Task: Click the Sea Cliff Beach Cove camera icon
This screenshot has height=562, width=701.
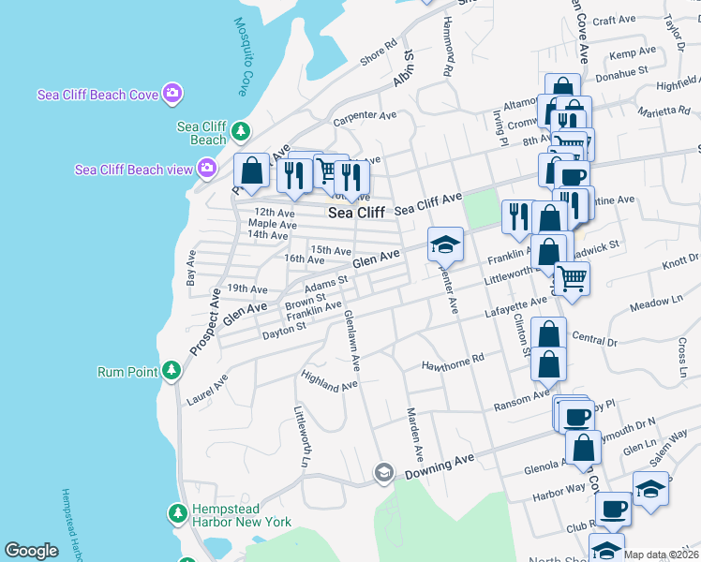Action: coord(172,93)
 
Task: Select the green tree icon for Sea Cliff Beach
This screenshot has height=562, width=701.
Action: coord(241,130)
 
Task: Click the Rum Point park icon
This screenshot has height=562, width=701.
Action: coord(171,371)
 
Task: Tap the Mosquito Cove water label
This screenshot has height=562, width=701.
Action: coord(243,57)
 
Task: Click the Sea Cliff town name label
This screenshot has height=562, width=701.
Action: coord(356,213)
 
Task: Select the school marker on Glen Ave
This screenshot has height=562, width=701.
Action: coord(445,244)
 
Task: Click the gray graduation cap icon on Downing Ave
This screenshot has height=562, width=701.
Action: coord(382,473)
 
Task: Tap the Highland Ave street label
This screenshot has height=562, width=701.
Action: coord(330,379)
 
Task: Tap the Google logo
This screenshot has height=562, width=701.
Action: coord(31,551)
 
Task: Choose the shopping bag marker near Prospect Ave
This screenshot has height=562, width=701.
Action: coord(251,171)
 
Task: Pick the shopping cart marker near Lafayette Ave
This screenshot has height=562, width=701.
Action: coord(572,277)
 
